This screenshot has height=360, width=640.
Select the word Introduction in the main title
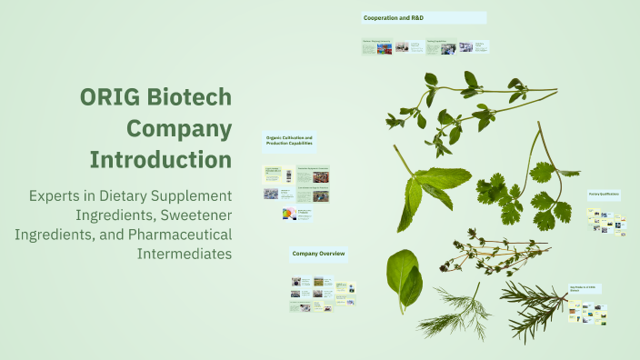[160, 159]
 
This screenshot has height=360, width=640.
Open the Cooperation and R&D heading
[393, 18]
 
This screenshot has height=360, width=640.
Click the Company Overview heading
[317, 253]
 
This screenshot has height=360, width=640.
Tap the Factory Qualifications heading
[603, 194]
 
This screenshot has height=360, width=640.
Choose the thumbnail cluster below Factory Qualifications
[606, 223]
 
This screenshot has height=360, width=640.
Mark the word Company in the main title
[178, 128]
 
